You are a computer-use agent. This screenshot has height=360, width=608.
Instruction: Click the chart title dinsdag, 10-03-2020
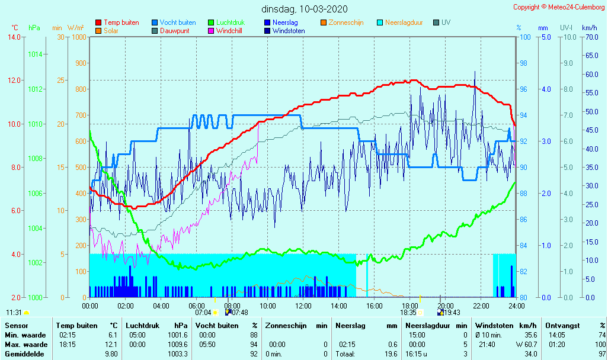coord(305,9)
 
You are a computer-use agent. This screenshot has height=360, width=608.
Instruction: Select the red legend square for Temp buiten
coord(98,22)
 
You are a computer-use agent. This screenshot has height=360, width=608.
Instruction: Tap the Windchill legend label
coord(228,31)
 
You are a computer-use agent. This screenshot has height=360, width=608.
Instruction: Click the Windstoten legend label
coord(289,31)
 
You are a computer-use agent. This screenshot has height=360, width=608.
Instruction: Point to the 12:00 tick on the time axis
coord(303,306)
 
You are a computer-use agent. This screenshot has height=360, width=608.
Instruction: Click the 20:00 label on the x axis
coord(446,306)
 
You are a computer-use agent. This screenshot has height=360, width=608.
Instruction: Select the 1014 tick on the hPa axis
coord(35,54)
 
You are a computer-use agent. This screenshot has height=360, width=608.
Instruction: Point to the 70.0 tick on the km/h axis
coord(589,37)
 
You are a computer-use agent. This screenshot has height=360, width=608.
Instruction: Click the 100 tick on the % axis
coord(524,37)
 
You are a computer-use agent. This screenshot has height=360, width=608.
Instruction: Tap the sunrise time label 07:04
coord(203,312)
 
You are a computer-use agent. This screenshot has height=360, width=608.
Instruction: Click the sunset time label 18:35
coord(408,312)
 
